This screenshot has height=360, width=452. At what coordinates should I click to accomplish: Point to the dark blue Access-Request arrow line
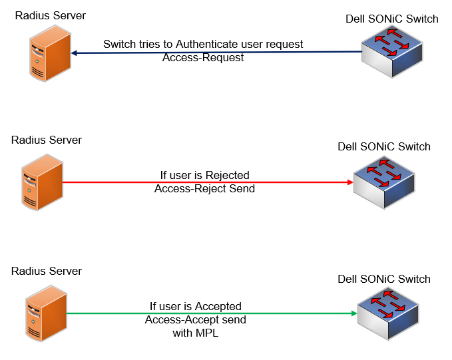pos(320,51)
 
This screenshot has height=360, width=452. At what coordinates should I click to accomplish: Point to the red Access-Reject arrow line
pos(300,182)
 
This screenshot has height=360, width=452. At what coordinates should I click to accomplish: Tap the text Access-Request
pos(203,58)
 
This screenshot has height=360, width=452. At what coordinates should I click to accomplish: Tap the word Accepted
pos(218,306)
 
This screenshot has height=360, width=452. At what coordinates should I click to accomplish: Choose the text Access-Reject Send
pos(204,189)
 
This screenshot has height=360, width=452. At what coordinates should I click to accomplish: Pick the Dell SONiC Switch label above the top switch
pos(392,19)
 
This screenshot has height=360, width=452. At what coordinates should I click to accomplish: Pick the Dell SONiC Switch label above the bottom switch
pos(384,279)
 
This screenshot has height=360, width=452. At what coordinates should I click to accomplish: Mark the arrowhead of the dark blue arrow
pos(73,53)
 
